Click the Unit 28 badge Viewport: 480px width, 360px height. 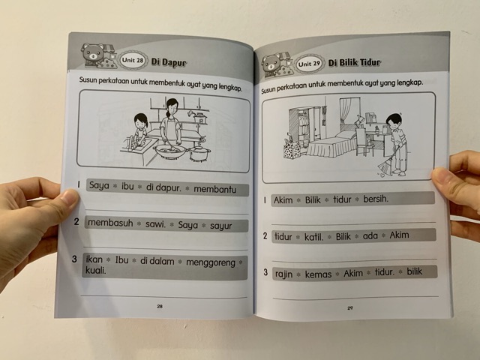(x=133, y=60)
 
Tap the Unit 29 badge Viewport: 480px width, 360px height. (x=309, y=64)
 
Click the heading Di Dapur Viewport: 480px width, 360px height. (x=169, y=62)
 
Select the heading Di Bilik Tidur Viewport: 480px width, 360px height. (x=355, y=63)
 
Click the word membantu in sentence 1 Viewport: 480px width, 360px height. (x=215, y=190)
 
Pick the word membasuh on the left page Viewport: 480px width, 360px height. (x=110, y=223)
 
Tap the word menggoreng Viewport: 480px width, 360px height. (x=211, y=262)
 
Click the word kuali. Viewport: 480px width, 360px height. (x=95, y=271)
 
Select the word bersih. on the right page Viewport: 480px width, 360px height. (x=376, y=199)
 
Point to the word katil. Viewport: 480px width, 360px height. (x=313, y=237)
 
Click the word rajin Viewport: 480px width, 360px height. (x=283, y=274)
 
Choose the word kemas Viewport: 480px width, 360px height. (x=318, y=274)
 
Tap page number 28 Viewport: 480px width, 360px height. (x=160, y=306)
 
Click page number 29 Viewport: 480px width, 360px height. (x=350, y=308)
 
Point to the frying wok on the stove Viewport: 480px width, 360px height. (x=170, y=151)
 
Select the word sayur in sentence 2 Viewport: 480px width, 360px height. (x=220, y=226)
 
